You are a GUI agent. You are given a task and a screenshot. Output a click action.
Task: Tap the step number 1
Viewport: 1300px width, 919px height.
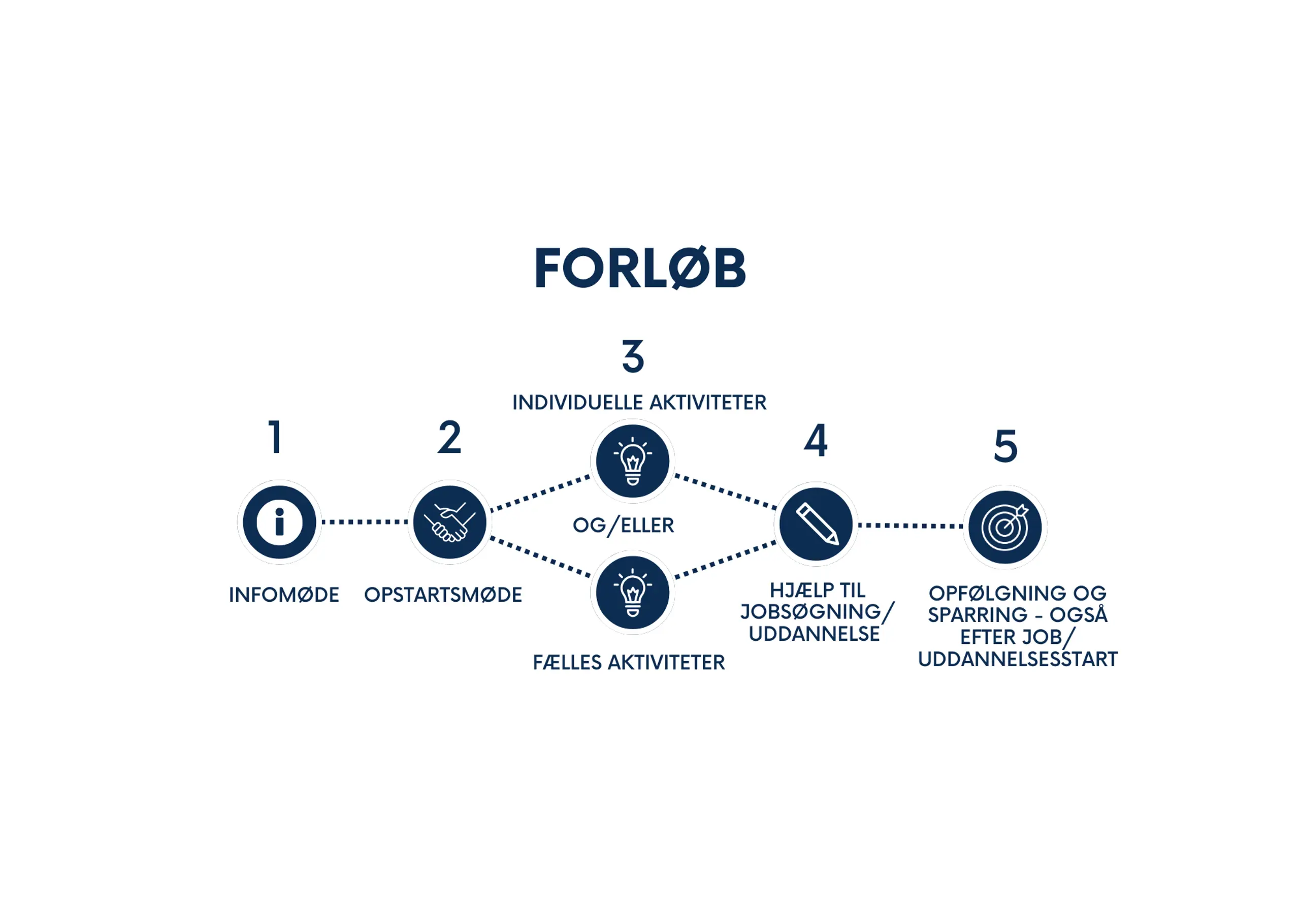point(276,437)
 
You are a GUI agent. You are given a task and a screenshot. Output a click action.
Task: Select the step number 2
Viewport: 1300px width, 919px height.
point(449,437)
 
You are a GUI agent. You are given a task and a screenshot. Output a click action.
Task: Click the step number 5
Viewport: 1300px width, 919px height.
point(1005,446)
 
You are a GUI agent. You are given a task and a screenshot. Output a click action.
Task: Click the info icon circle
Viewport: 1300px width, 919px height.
point(279,521)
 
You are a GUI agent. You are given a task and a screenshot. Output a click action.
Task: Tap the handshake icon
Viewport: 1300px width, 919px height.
point(449,521)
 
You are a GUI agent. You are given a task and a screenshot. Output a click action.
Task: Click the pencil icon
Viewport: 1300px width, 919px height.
point(816,524)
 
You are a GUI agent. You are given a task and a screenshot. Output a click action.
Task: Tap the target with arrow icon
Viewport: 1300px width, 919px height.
point(1005,527)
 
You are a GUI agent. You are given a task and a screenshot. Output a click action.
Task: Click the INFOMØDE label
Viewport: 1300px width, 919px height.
point(284,595)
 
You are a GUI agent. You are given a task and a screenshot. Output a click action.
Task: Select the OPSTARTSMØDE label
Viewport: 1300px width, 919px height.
point(443,595)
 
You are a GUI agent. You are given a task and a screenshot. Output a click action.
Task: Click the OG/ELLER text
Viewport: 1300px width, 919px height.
point(624,526)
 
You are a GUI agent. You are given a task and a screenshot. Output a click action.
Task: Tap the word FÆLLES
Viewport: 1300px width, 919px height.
point(567,663)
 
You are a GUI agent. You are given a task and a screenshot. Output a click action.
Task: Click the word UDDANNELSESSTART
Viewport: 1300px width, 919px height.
point(1018,659)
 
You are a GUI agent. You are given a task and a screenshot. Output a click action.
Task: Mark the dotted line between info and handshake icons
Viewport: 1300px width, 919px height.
point(364,521)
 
